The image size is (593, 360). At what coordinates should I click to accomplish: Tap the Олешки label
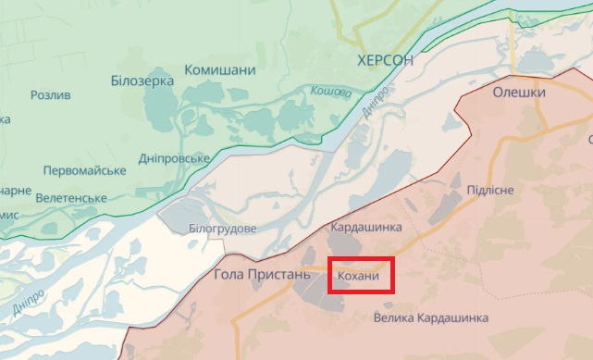tap(519, 93)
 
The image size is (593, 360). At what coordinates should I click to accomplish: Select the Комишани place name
tap(220, 70)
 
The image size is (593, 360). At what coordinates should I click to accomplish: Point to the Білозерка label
tap(142, 81)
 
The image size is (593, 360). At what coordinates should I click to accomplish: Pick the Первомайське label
tap(84, 170)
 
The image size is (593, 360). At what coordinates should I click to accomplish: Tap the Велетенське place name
tap(71, 197)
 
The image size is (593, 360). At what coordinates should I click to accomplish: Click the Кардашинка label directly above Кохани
tap(366, 227)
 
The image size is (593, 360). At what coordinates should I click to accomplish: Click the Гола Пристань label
tap(253, 274)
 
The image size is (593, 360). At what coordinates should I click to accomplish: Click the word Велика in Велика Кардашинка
tap(397, 318)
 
